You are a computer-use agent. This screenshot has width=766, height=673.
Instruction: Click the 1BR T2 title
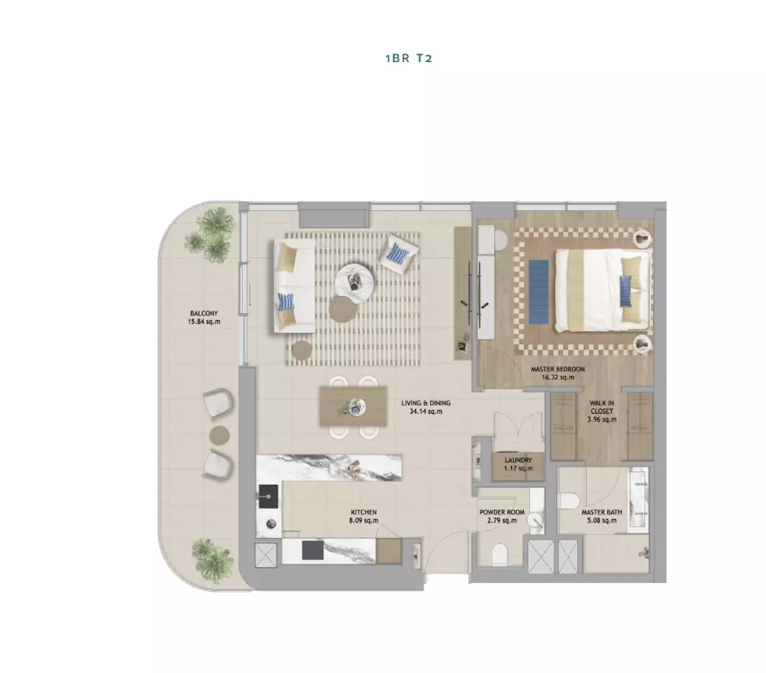[x=409, y=58]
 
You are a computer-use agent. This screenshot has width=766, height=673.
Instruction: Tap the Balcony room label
[x=204, y=317]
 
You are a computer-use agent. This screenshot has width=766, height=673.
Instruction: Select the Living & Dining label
[x=426, y=407]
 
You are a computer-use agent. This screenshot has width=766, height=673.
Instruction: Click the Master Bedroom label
[x=558, y=373]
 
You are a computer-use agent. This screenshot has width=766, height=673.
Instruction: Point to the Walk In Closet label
[x=602, y=411]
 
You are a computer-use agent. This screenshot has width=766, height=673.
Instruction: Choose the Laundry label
[x=518, y=464]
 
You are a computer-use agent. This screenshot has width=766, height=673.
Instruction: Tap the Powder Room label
[x=503, y=517]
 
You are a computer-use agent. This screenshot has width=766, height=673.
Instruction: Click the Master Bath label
[x=602, y=517]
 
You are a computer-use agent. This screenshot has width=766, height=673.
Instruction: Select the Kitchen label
[x=364, y=517]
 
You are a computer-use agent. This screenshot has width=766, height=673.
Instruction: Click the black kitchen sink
[x=268, y=497]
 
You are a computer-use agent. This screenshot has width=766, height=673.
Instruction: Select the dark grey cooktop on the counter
[x=313, y=550]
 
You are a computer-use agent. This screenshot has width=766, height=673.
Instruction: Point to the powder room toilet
[x=500, y=555]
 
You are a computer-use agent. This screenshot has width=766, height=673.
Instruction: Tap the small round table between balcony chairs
[x=219, y=435]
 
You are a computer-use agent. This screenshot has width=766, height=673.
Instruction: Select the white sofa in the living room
[x=294, y=286]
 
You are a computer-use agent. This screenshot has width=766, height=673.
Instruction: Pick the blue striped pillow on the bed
[x=626, y=291]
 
